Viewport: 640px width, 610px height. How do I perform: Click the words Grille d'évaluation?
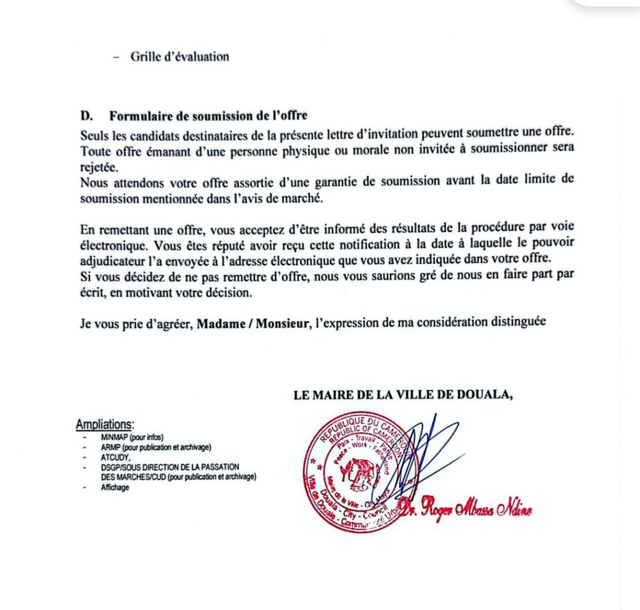click(x=179, y=57)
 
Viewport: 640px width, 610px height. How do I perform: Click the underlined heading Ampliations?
click(x=105, y=425)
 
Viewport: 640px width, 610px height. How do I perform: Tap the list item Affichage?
click(x=115, y=488)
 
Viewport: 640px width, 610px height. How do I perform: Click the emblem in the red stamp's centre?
click(x=361, y=474)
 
